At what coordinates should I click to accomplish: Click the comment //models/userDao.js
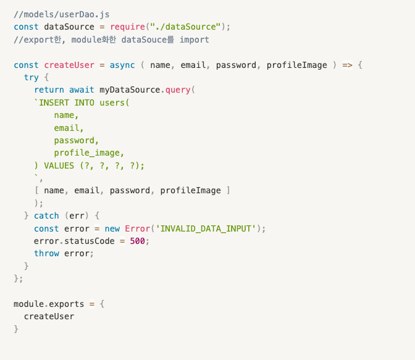tap(61, 14)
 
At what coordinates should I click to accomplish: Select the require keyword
tap(128, 27)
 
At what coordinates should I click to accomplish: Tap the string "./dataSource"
tap(185, 27)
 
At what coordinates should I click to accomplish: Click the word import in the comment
tap(195, 40)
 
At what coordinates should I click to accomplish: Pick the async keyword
tap(122, 65)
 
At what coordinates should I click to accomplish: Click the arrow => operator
tap(347, 65)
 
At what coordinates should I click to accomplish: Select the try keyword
tap(31, 78)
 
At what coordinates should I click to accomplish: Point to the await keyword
tap(82, 90)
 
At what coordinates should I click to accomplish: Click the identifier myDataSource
tap(130, 90)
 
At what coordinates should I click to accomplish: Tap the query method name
tap(178, 90)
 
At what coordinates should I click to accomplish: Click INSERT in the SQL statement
tap(54, 103)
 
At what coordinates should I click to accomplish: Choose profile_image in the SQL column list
tap(87, 153)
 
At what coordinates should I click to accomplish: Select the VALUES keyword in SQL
tap(59, 165)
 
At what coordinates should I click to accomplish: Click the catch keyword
tap(46, 216)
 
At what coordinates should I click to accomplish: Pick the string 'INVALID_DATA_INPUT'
tap(206, 228)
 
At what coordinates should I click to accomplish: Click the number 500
tap(137, 241)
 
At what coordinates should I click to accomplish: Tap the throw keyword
tap(46, 254)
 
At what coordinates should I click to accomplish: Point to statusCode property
tap(90, 241)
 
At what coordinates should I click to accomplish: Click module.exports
tap(49, 304)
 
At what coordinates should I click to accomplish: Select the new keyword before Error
tap(112, 228)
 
